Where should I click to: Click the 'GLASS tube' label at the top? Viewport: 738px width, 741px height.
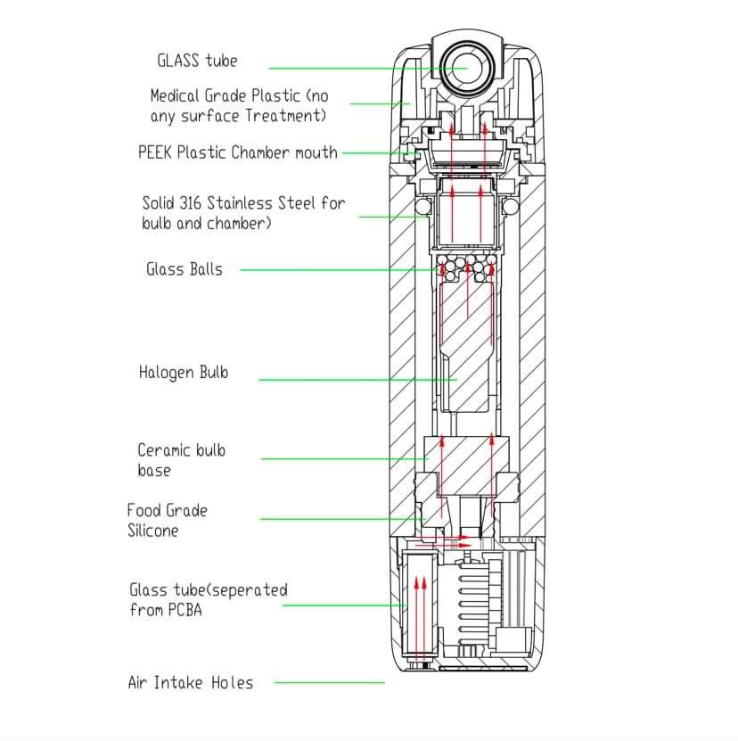[197, 61]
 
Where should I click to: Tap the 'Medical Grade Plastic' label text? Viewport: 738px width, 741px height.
[238, 105]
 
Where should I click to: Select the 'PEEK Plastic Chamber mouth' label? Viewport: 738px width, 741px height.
[238, 152]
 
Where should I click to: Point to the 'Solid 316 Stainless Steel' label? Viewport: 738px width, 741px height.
[242, 212]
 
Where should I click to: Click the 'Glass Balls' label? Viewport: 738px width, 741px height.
[184, 269]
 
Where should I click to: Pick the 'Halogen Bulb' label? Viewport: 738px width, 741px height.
[183, 372]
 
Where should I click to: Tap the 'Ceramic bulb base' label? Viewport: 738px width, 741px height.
[181, 460]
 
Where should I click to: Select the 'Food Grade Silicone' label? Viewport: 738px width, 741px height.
[167, 520]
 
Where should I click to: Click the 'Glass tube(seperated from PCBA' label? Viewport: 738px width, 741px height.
[209, 599]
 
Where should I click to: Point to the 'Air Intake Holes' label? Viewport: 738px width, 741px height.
[190, 683]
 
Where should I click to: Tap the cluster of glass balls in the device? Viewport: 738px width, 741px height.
[464, 268]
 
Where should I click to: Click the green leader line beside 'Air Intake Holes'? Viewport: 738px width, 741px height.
[329, 683]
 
